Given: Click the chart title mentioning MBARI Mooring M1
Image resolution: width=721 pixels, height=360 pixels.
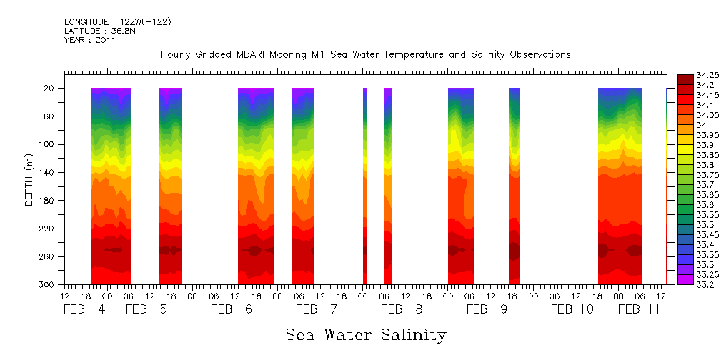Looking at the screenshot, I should coord(365,55).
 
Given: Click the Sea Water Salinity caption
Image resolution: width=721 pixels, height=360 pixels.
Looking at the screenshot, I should coord(366,334).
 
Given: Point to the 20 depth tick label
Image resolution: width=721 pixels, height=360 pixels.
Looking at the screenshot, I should coord(50,89).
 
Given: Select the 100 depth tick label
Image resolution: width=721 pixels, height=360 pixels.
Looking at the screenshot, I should coord(48,144).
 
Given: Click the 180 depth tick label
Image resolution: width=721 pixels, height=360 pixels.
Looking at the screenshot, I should coord(48,201).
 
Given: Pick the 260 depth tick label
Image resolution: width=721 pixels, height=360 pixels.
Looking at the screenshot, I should coord(48,256).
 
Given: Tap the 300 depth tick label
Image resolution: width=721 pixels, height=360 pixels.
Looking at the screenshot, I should coord(48,284).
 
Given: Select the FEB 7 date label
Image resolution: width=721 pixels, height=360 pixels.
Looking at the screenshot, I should coord(315,310).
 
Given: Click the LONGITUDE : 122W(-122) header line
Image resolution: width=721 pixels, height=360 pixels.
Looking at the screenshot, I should coord(117,22).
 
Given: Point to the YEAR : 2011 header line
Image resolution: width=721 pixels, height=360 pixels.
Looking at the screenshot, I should coord(90,41).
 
